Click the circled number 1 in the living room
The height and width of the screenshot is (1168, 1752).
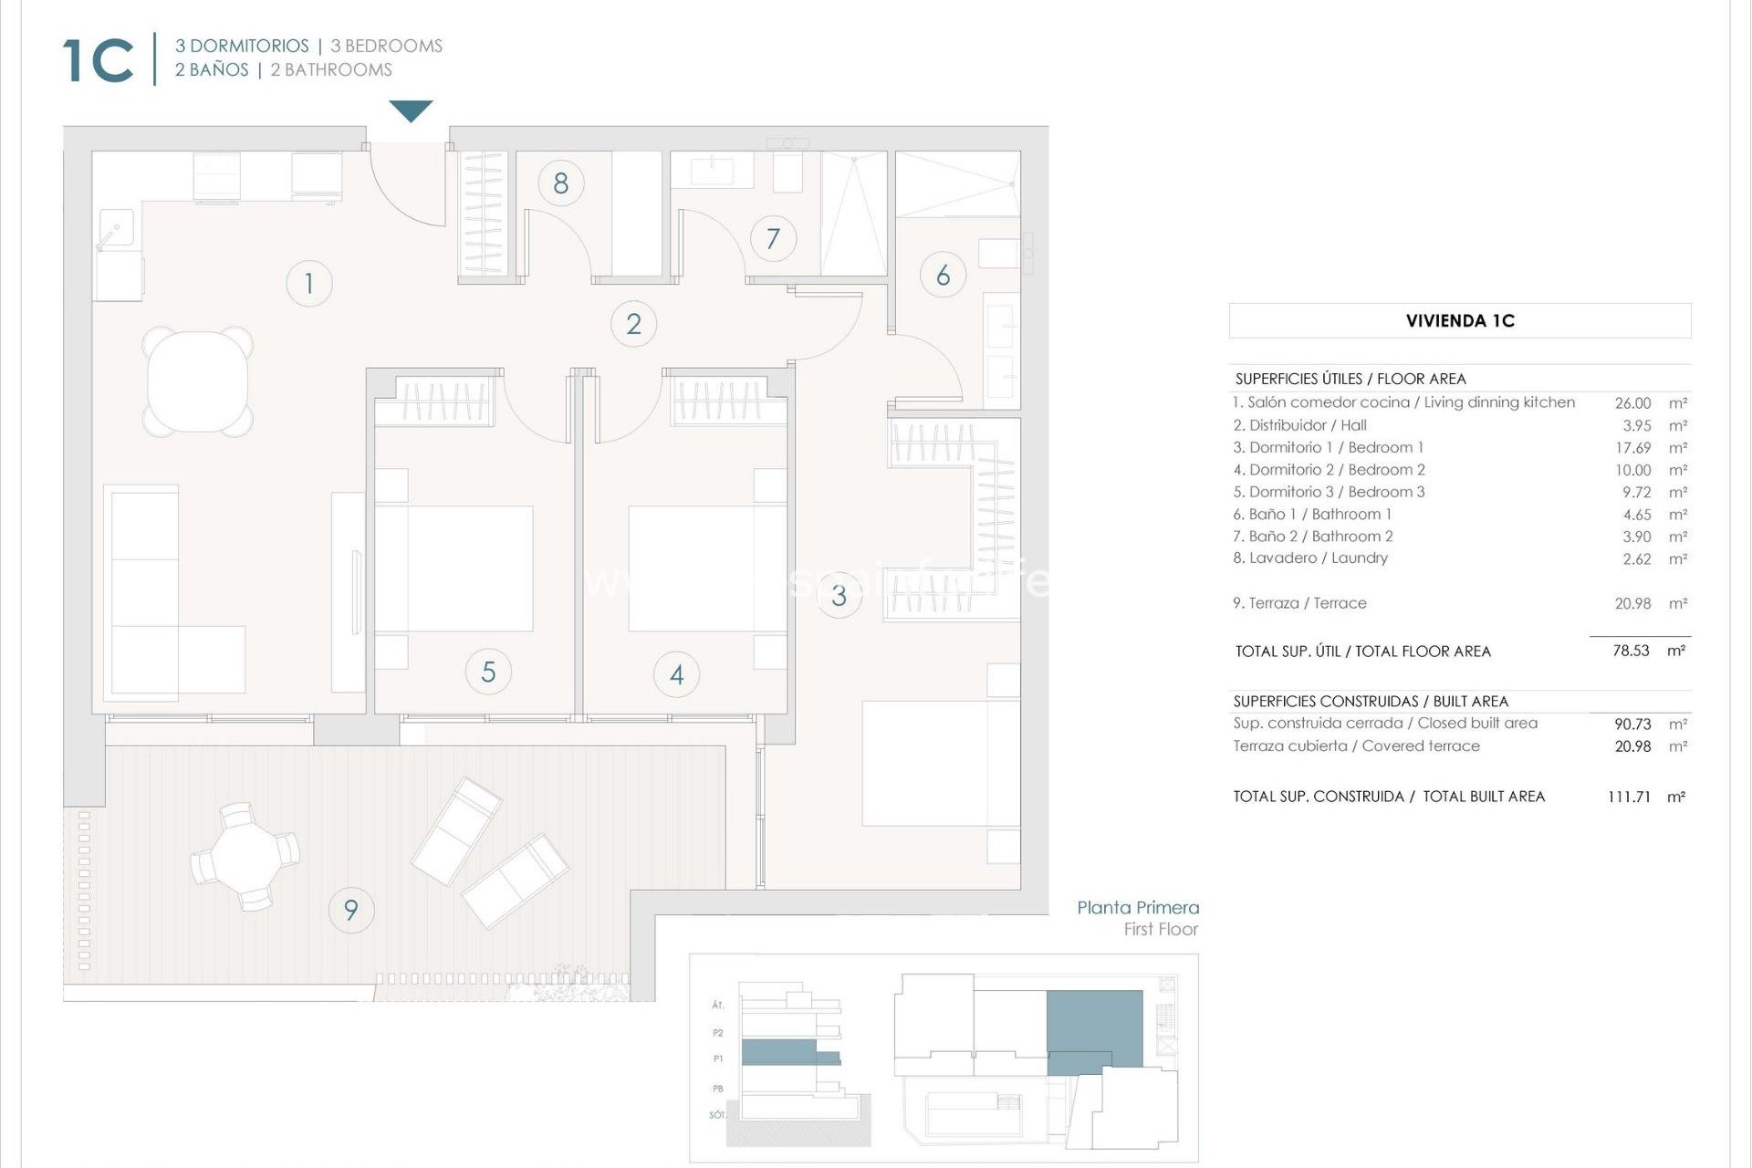click(x=308, y=283)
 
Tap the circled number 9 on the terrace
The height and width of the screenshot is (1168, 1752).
click(x=350, y=910)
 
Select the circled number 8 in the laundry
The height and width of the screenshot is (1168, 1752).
click(x=560, y=183)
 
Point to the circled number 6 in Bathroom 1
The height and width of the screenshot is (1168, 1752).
click(x=943, y=275)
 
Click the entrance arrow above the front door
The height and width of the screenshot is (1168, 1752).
click(x=411, y=110)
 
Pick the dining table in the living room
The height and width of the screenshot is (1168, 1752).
click(x=198, y=381)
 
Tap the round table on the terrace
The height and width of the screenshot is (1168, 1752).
click(x=244, y=857)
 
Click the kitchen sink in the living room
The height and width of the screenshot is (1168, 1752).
click(x=116, y=228)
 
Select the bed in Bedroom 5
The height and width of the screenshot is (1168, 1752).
click(x=454, y=568)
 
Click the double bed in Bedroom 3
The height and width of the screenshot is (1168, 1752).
click(x=940, y=763)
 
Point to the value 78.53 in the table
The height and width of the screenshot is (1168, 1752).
click(x=1631, y=651)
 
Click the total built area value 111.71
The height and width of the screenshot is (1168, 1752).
click(x=1629, y=797)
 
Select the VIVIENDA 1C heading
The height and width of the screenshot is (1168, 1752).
click(x=1460, y=321)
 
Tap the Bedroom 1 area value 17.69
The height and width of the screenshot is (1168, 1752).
click(x=1632, y=447)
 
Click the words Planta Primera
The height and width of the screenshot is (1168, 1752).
click(x=1137, y=907)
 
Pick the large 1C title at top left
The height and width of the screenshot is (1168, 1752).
click(x=99, y=61)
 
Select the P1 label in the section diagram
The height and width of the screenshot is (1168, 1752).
click(x=718, y=1058)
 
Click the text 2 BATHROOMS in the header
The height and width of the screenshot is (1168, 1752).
click(x=331, y=70)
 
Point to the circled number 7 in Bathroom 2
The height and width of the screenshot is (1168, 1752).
click(x=773, y=239)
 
